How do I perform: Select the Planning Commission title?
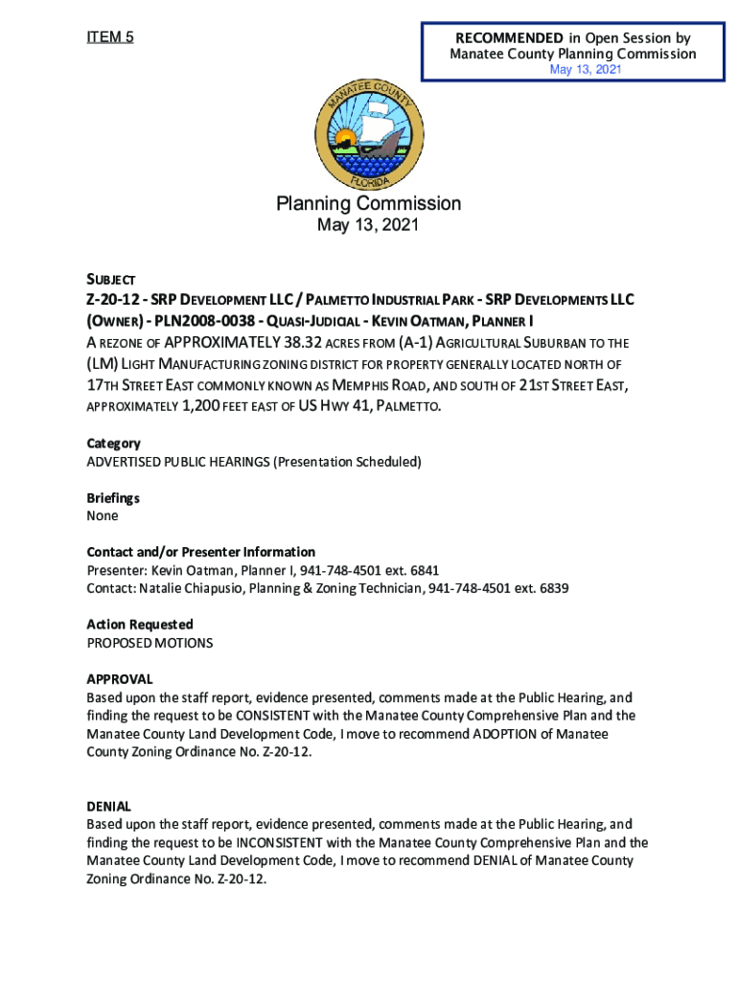tap(369, 203)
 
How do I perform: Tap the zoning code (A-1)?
tap(417, 342)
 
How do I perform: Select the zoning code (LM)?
tap(102, 364)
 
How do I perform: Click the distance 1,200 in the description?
tap(196, 407)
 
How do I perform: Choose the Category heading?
tap(113, 444)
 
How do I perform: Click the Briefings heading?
tap(113, 498)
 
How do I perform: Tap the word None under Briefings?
tap(103, 516)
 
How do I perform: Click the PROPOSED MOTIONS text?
tap(150, 643)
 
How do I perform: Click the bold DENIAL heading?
tap(108, 807)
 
